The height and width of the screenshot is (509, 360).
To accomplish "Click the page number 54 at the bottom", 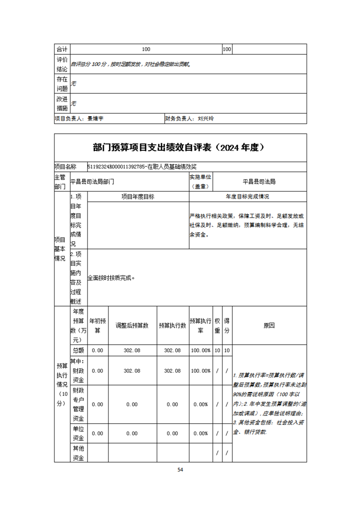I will [180, 470].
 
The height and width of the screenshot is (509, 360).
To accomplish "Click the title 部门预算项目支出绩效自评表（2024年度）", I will [180, 147].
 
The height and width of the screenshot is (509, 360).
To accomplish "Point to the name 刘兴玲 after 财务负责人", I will [206, 118].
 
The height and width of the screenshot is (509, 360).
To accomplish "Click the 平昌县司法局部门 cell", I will [93, 181].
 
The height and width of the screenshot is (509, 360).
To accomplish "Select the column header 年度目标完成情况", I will [247, 196].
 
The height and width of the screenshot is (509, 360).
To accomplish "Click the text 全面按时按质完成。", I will [111, 278].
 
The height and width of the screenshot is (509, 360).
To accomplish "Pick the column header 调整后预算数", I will [132, 325].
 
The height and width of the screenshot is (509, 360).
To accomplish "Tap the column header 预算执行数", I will [173, 325].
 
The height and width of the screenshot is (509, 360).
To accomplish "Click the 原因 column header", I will [269, 325].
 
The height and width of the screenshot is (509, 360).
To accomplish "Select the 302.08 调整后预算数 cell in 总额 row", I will [132, 350].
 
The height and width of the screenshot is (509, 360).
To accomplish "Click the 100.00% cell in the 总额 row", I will [200, 350].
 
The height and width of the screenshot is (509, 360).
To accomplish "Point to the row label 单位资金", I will [78, 433].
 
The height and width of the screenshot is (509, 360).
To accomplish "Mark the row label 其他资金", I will [78, 453].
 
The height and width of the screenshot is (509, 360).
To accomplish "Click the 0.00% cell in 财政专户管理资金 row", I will [200, 404].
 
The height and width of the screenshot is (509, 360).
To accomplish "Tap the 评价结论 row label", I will [62, 64].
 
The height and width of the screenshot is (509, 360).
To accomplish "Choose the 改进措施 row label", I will [62, 103].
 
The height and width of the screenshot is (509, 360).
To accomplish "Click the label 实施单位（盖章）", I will [201, 181].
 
